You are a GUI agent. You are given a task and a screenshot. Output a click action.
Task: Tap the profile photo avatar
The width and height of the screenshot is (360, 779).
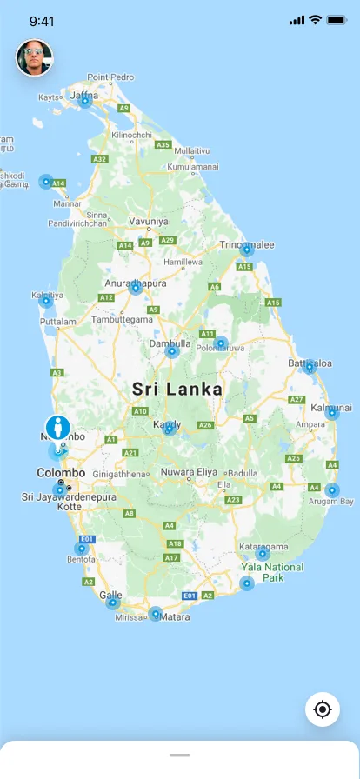coord(34,58)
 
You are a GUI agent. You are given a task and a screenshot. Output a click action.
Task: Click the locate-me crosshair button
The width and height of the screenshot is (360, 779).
coord(323,709)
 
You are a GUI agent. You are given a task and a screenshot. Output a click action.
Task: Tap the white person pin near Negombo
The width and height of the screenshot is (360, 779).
coord(59,429)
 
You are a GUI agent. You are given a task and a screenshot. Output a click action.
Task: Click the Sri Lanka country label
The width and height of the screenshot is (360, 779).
coord(177,389)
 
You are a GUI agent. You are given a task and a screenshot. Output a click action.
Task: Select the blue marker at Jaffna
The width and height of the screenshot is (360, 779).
coord(85,101)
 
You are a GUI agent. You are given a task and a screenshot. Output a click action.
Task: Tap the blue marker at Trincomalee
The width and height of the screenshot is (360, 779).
coord(247,250)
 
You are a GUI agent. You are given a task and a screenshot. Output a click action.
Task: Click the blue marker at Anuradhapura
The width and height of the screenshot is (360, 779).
coord(136,287)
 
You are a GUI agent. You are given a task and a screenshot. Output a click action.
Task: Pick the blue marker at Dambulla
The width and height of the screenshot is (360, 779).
coord(172,351)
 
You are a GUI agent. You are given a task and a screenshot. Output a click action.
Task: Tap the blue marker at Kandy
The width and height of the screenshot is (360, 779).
coord(170,429)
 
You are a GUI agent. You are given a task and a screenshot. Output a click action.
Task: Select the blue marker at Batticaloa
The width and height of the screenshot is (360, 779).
coord(310,367)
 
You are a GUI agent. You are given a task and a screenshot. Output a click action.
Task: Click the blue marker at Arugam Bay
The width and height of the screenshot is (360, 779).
coord(331,491)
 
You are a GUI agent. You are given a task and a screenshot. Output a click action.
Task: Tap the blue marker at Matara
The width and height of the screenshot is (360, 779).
coord(156,614)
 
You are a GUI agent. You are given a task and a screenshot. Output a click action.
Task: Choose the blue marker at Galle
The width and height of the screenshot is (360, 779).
coord(112,603)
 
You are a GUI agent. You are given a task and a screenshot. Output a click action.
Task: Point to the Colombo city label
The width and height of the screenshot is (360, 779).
coord(61,473)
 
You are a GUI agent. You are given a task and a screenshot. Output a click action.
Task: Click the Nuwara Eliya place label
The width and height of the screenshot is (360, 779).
coord(189,473)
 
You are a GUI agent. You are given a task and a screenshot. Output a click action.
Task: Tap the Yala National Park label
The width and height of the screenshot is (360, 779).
coord(273,572)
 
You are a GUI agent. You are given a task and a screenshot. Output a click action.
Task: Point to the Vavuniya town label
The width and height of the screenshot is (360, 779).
coord(148,222)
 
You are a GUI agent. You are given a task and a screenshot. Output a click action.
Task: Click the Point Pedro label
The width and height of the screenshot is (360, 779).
coord(110,77)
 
